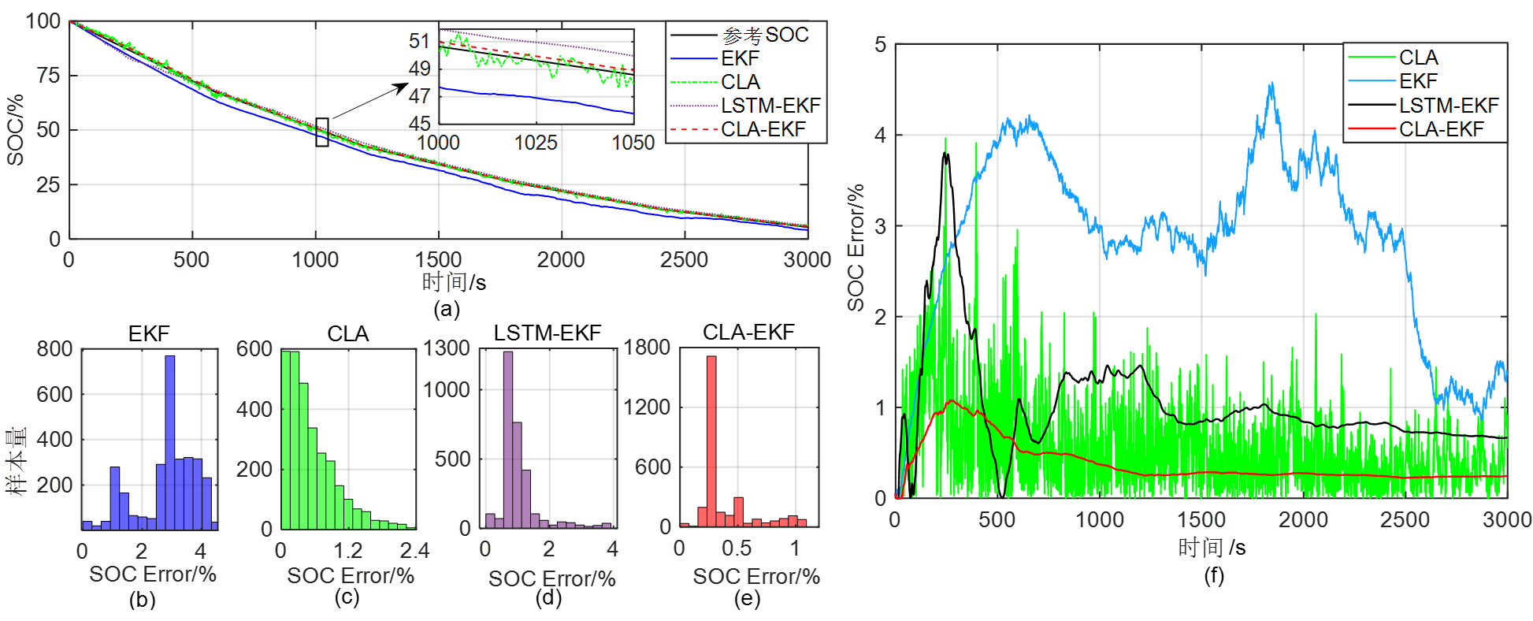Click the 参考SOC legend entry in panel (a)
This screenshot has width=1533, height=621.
coord(765,35)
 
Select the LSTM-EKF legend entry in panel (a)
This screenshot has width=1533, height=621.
coord(770,106)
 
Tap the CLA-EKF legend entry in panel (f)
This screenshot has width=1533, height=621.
coord(1441,129)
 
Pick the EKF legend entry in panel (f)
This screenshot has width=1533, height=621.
coord(1418,81)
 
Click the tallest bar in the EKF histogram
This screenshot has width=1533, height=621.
coord(170,441)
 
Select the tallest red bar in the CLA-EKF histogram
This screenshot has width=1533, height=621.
coord(711,441)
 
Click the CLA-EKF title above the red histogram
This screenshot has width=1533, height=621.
coord(748,333)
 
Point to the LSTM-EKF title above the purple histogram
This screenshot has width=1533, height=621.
coord(547,333)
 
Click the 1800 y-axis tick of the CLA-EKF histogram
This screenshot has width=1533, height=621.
coord(647,348)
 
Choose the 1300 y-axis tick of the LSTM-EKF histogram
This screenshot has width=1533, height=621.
coord(447,348)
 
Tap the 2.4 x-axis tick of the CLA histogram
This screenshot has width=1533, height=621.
coord(414,550)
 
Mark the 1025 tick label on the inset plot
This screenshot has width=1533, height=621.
coord(536,143)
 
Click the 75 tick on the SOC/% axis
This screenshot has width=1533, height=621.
coord(48,76)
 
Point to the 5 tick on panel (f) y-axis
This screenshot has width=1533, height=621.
coord(881,45)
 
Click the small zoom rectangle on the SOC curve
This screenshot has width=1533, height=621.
coord(322,132)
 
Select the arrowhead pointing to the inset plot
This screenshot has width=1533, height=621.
coord(402,88)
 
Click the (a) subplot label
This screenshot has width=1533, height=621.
coord(447,309)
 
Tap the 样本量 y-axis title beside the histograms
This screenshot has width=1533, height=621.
coord(17,461)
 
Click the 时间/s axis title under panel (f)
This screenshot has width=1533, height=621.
coord(1212,547)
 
